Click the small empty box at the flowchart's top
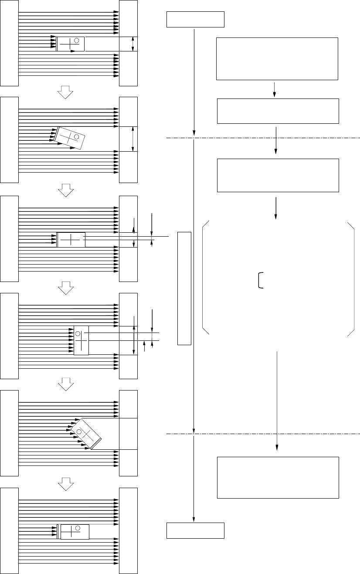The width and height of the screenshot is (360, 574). tap(195, 20)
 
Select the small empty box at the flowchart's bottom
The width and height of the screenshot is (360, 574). tap(195, 530)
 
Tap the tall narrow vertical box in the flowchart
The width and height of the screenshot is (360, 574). tap(184, 288)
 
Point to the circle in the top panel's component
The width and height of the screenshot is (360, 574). tap(77, 41)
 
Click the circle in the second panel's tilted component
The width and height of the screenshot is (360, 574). tap(76, 137)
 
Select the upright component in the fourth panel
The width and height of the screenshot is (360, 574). tap(81, 340)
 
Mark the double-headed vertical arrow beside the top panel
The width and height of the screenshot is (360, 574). tap(132, 44)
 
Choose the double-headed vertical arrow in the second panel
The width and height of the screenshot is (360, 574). tap(132, 139)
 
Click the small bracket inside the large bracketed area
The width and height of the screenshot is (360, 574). tap(260, 280)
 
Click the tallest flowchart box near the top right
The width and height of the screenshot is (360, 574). tap(277, 59)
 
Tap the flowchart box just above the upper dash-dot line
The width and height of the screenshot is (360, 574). tap(278, 111)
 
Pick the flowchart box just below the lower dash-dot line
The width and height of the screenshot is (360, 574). tap(278, 477)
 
